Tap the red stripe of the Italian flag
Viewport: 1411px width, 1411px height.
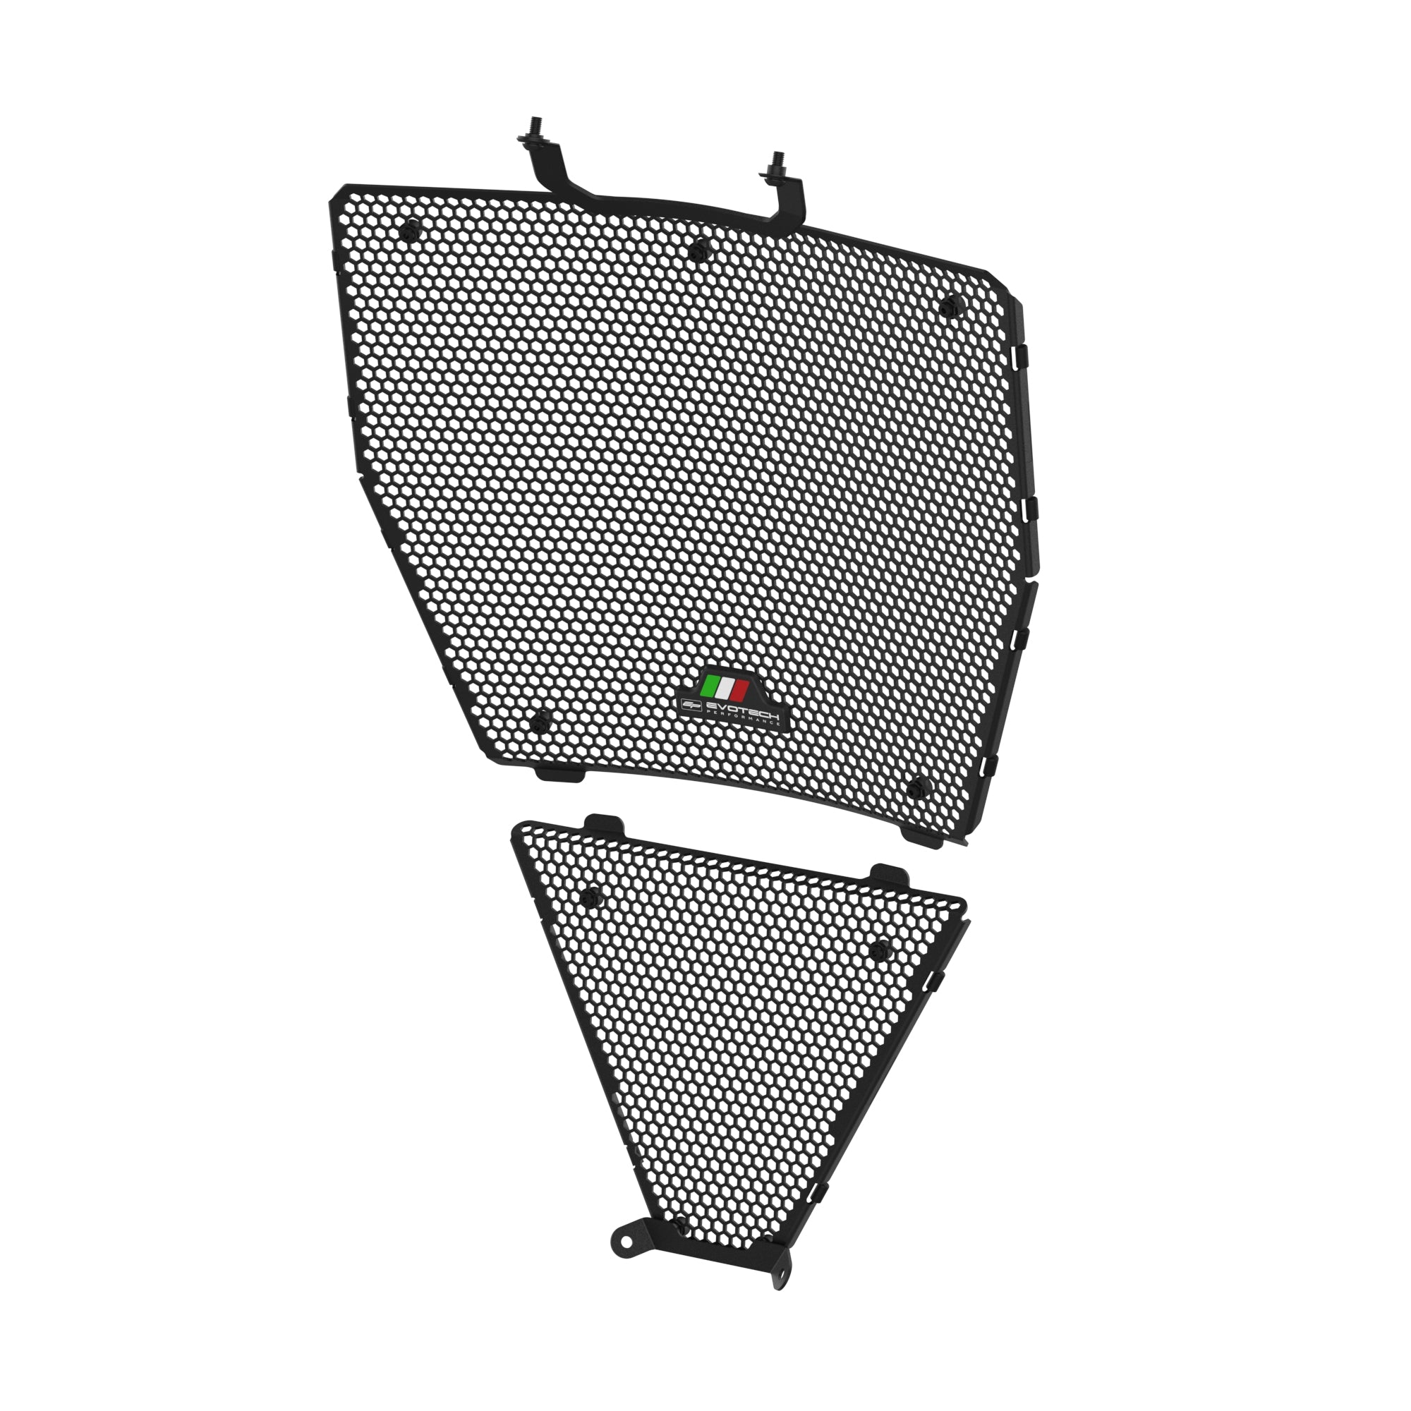pos(739,691)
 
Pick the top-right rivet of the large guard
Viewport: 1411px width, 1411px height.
pos(951,306)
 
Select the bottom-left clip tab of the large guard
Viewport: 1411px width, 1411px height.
pos(560,773)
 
